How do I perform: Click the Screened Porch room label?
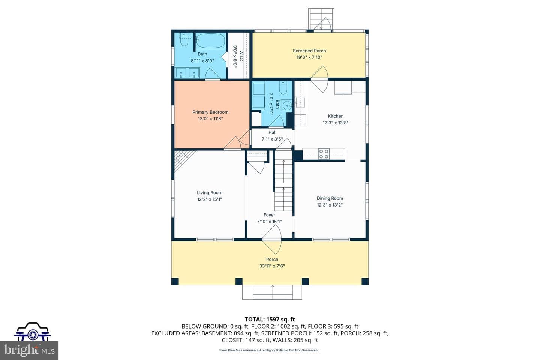point(309,51)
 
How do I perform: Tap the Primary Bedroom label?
point(210,112)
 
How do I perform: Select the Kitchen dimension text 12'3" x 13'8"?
point(336,123)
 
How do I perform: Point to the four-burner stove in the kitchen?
point(324,154)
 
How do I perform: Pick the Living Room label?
point(210,193)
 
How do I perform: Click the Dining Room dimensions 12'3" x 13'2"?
point(330,205)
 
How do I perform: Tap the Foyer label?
point(269,215)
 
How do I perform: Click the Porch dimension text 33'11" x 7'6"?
point(272,266)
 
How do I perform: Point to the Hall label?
point(272,132)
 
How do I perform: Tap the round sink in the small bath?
point(287,105)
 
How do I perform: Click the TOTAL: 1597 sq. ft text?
point(270,319)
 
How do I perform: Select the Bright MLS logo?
point(29,350)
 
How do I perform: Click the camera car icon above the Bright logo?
point(32,331)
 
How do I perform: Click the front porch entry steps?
point(272,292)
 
